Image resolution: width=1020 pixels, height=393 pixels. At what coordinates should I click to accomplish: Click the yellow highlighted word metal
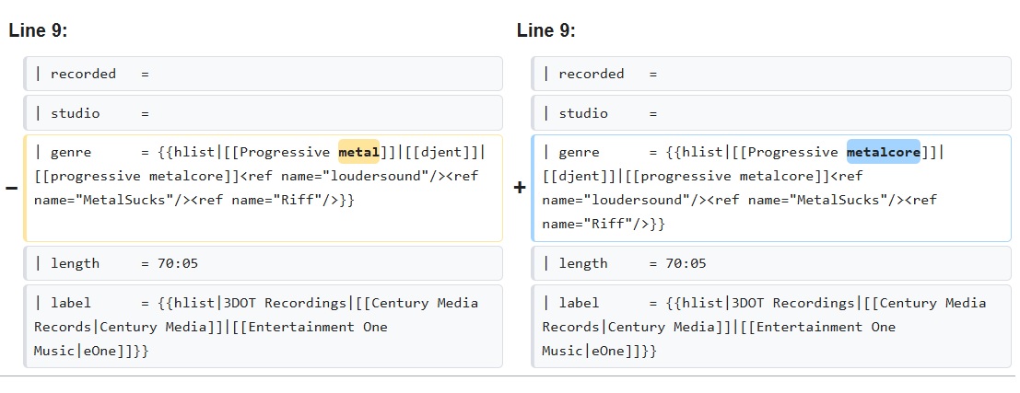coord(358,152)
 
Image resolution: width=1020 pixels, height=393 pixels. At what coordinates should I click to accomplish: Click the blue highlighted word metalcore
coord(884,152)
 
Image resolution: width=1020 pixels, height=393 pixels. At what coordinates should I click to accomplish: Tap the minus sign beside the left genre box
coord(11,189)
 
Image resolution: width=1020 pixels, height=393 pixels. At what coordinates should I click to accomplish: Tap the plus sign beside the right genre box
coord(519,189)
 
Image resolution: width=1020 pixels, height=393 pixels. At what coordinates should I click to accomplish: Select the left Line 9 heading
coord(38,30)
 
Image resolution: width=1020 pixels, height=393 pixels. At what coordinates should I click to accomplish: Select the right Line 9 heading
coord(545,30)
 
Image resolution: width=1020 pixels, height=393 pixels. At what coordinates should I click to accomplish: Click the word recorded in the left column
coord(83,74)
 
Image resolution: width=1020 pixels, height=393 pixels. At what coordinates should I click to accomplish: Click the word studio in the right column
coord(583,113)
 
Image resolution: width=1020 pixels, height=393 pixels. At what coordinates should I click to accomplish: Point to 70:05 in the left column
coord(178,263)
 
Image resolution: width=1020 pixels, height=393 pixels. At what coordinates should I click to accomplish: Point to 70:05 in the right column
coord(686,263)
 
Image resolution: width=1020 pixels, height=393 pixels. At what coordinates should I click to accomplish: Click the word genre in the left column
coord(71,152)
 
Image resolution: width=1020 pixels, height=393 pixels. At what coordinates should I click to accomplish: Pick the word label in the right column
coord(579,303)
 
